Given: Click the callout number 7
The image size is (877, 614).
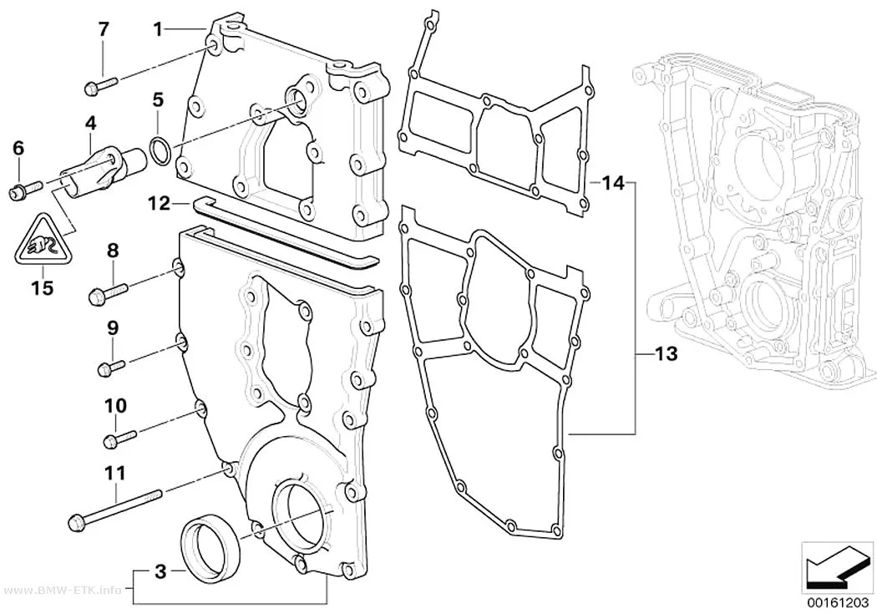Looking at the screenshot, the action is (104, 29).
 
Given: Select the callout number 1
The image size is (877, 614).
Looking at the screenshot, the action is (159, 29).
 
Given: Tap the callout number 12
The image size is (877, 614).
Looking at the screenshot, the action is (159, 204).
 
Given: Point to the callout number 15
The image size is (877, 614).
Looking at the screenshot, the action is (43, 287).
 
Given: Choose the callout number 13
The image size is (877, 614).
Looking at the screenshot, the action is (665, 353).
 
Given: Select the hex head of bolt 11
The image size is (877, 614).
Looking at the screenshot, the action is (75, 524).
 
